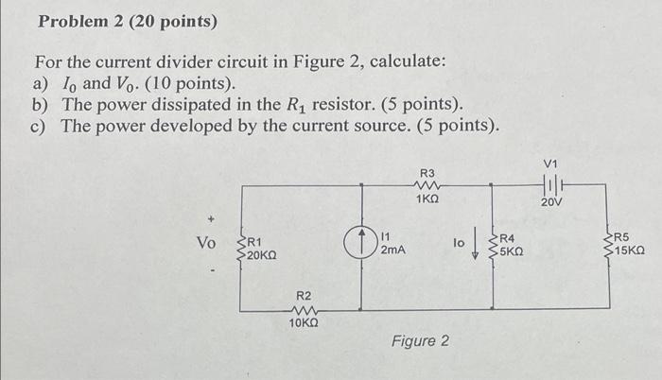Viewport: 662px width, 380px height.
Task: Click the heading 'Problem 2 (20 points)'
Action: click(x=126, y=21)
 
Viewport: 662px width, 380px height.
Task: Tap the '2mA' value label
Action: click(x=393, y=250)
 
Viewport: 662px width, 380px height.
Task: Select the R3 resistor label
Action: click(x=427, y=173)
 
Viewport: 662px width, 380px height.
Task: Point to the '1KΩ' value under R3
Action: click(x=427, y=199)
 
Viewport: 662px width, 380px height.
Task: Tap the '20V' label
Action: click(x=551, y=202)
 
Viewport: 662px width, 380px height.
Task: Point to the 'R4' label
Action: click(x=507, y=238)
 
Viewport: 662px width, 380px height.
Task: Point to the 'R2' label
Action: click(x=304, y=297)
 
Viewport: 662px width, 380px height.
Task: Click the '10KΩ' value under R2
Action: click(x=304, y=324)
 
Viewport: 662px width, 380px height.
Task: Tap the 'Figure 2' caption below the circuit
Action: click(x=420, y=340)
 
